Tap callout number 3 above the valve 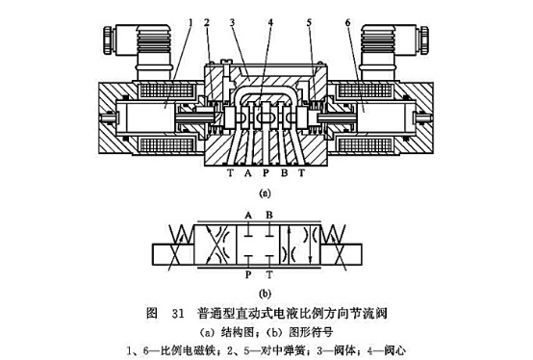232,21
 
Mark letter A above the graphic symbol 248,214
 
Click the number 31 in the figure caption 177,313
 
